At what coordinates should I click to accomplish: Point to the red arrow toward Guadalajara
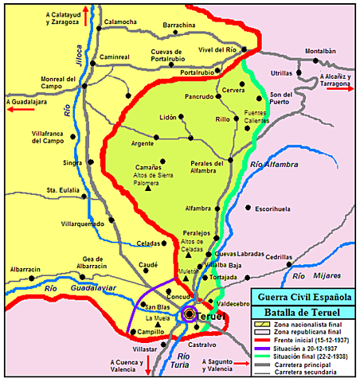point(18,113)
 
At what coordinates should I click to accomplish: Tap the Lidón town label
point(168,117)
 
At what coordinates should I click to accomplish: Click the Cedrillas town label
point(280,256)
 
